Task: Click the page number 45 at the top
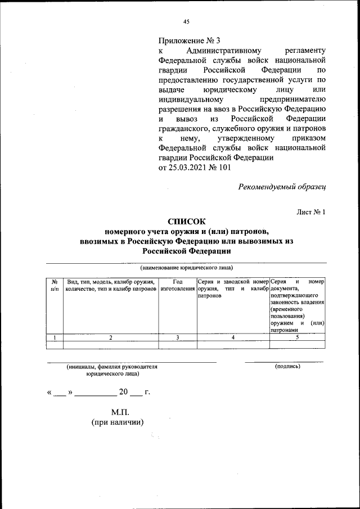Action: coord(186,22)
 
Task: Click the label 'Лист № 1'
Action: coord(311,211)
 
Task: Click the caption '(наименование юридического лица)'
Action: coord(186,268)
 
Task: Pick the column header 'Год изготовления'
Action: coord(177,285)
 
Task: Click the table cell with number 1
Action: coord(55,337)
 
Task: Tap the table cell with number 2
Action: coord(110,337)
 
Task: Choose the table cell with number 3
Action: coord(177,337)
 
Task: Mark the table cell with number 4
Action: coord(232,337)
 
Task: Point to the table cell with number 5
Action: coord(298,337)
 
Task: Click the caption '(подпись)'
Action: coord(287,366)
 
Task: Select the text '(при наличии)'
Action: coord(118,422)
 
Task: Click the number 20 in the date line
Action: coord(123,392)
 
